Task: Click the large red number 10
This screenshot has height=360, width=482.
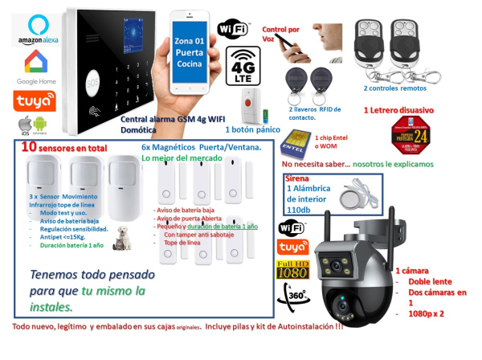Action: point(29,147)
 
